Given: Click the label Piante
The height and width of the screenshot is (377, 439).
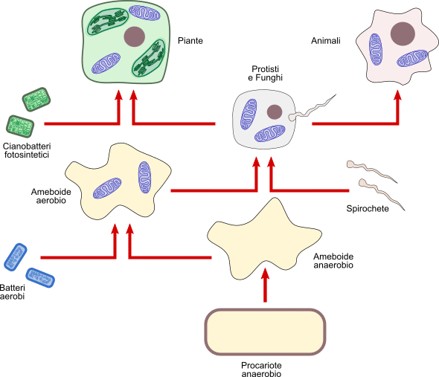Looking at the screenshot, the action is tap(190, 41).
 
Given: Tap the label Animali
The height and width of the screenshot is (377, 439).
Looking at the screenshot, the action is tap(326, 41).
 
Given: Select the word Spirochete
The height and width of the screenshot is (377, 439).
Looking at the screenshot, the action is tap(368, 209).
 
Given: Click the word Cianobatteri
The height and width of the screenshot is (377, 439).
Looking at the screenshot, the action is tap(27, 146).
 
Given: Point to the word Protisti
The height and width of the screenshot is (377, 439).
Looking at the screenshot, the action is tap(266, 69).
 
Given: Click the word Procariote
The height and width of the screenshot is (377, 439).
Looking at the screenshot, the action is tap(261, 365).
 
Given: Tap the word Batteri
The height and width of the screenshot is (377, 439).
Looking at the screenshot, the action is tap(13, 288).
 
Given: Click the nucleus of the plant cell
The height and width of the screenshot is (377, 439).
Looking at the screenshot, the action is tap(135, 36).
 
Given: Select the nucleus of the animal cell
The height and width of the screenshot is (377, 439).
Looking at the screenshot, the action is tap(403, 33).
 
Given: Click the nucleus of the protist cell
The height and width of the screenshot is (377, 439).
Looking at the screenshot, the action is tap(275, 112).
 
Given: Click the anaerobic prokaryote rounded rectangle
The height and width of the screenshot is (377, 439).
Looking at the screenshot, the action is tap(265, 332).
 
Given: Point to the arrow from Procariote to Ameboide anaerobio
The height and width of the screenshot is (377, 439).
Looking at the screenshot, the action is tap(265, 285).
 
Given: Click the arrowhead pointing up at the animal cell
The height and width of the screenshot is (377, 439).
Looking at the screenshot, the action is tap(397, 95).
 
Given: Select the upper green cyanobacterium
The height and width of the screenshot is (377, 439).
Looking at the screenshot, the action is tap(36, 100).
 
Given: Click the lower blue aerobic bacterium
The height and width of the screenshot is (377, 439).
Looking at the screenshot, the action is tap(40, 277).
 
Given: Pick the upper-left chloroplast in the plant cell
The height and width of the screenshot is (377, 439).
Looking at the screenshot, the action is tap(108, 22).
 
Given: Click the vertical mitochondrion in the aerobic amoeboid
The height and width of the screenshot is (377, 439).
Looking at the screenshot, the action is tap(144, 177).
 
